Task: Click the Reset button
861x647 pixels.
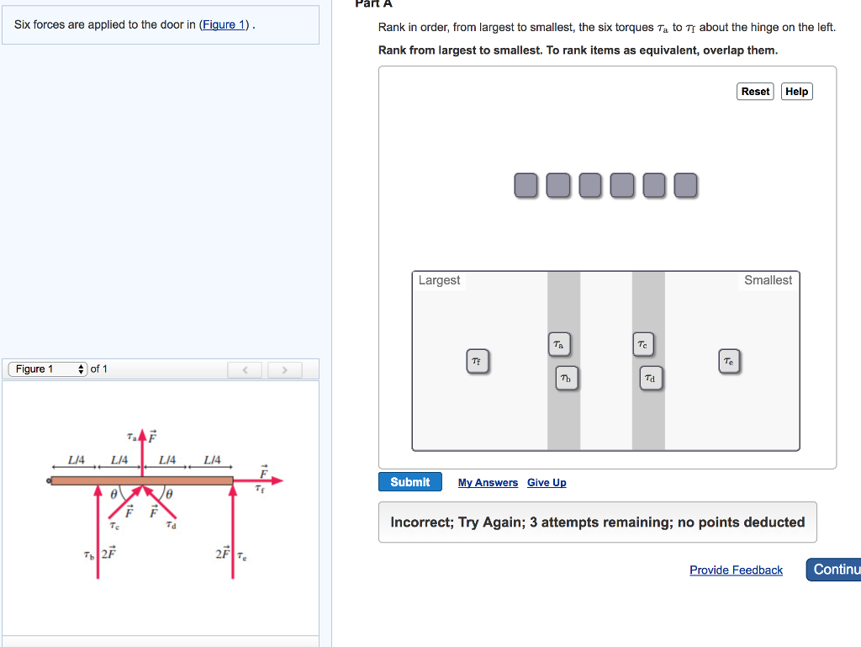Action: pos(755,92)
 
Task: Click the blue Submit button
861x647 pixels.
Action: pos(409,482)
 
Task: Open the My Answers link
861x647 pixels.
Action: pos(488,483)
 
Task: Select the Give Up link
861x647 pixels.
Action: pos(547,483)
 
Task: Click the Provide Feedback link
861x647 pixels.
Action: pos(736,570)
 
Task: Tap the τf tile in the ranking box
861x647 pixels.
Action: pos(477,362)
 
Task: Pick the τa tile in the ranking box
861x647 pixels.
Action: pos(559,344)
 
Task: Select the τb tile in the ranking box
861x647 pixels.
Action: pos(566,379)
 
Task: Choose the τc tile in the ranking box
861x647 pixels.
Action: pos(642,344)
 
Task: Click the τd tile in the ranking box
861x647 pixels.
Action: pos(650,379)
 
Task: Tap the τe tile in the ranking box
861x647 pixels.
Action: pos(728,362)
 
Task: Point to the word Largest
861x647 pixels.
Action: pos(439,280)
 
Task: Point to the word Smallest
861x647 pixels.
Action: pos(768,280)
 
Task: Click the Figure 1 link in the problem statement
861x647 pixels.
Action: pos(223,24)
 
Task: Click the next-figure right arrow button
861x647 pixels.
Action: pos(285,369)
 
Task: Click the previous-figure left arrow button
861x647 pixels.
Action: pos(245,369)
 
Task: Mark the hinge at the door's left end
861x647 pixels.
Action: pos(49,480)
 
